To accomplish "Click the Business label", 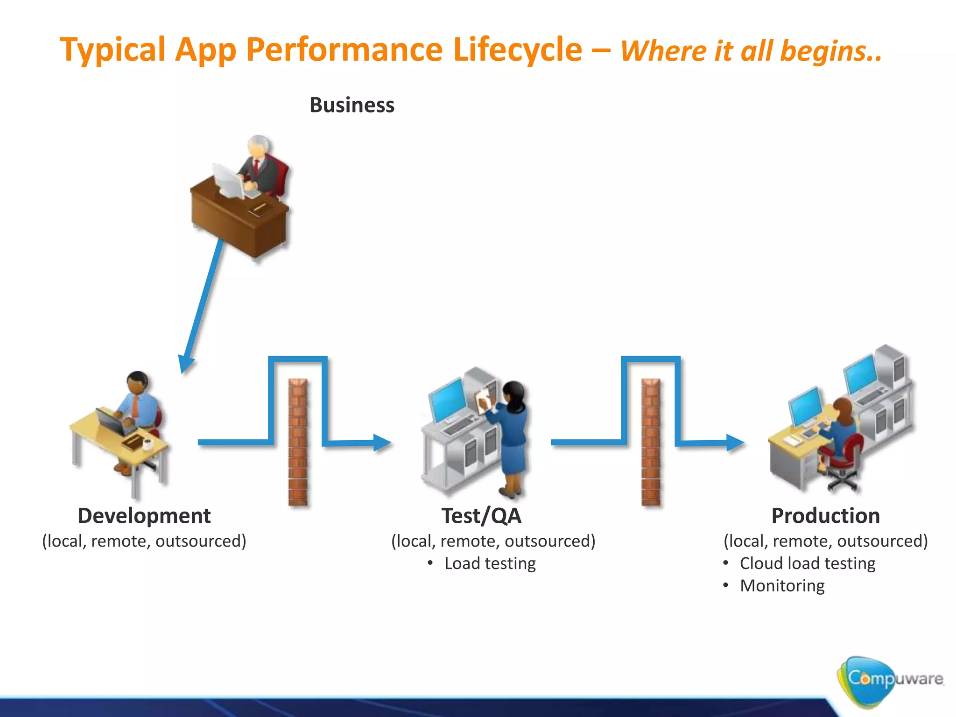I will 352,105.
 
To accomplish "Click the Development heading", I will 144,516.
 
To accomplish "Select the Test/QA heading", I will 481,516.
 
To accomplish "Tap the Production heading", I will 825,516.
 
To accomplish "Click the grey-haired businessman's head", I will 259,147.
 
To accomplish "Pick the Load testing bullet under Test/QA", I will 490,563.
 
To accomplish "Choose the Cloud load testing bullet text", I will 807,563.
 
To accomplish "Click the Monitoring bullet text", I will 782,586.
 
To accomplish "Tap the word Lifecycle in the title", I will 517,49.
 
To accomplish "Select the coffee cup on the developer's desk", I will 148,443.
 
